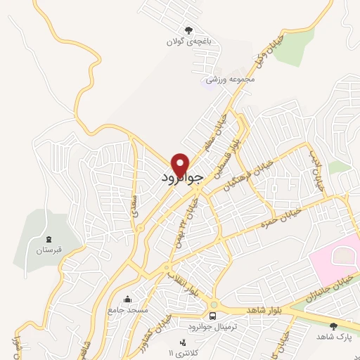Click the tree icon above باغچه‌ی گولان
(x=188, y=30)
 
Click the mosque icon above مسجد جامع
(x=127, y=299)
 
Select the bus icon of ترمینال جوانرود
(x=212, y=316)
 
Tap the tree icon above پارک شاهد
(x=333, y=326)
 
